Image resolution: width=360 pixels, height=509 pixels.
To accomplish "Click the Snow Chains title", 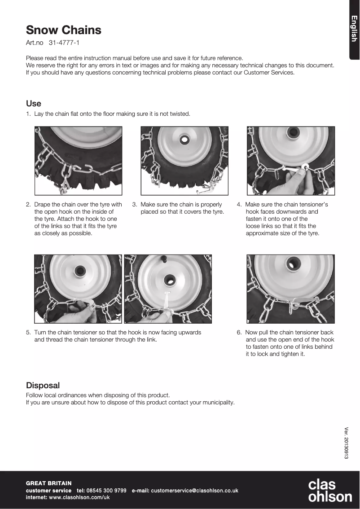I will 63,30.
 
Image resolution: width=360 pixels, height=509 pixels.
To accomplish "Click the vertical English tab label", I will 354,29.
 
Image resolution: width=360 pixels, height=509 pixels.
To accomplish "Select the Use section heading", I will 34,104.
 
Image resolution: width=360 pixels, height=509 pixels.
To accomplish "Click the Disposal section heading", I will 43,386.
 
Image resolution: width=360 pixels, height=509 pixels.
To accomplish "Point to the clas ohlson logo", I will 329,491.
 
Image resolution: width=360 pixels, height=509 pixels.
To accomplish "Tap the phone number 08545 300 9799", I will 106,491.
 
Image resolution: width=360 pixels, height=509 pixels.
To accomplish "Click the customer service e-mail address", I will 194,491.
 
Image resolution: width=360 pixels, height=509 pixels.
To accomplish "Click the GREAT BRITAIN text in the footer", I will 48,483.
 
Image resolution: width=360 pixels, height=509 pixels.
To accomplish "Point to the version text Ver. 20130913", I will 346,442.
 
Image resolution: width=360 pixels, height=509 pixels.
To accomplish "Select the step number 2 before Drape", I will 28,205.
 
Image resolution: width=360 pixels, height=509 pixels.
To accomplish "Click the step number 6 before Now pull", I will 239,333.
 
